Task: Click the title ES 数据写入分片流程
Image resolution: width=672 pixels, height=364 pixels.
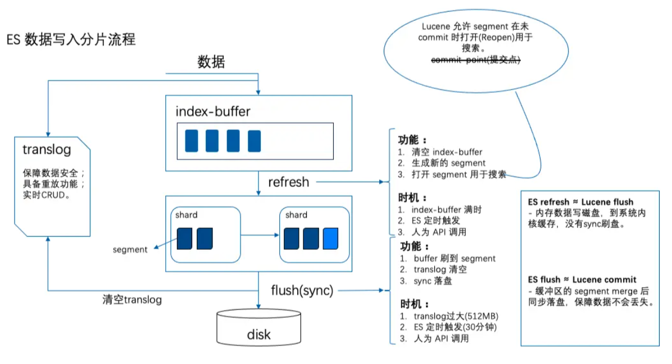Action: pos(71,41)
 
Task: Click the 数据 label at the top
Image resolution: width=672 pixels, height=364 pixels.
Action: pos(211,62)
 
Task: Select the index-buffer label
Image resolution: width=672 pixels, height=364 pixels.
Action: pos(213,111)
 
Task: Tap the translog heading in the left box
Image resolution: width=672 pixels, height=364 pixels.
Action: pos(46,150)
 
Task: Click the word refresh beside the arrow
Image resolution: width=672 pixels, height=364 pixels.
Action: pos(288,182)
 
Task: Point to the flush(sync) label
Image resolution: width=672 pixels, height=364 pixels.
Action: pos(302,291)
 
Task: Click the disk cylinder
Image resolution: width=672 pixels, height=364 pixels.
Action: pos(258,329)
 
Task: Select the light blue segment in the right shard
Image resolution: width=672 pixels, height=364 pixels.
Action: pos(331,238)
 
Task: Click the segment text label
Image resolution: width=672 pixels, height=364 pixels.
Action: pos(130,249)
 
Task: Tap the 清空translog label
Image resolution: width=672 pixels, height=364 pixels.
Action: pos(132,300)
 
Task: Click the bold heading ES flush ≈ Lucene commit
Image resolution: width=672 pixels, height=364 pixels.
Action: pos(582,280)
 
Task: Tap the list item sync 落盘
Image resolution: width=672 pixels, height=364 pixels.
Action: pos(433,281)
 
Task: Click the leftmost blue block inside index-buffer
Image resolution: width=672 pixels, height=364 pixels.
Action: pos(192,141)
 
